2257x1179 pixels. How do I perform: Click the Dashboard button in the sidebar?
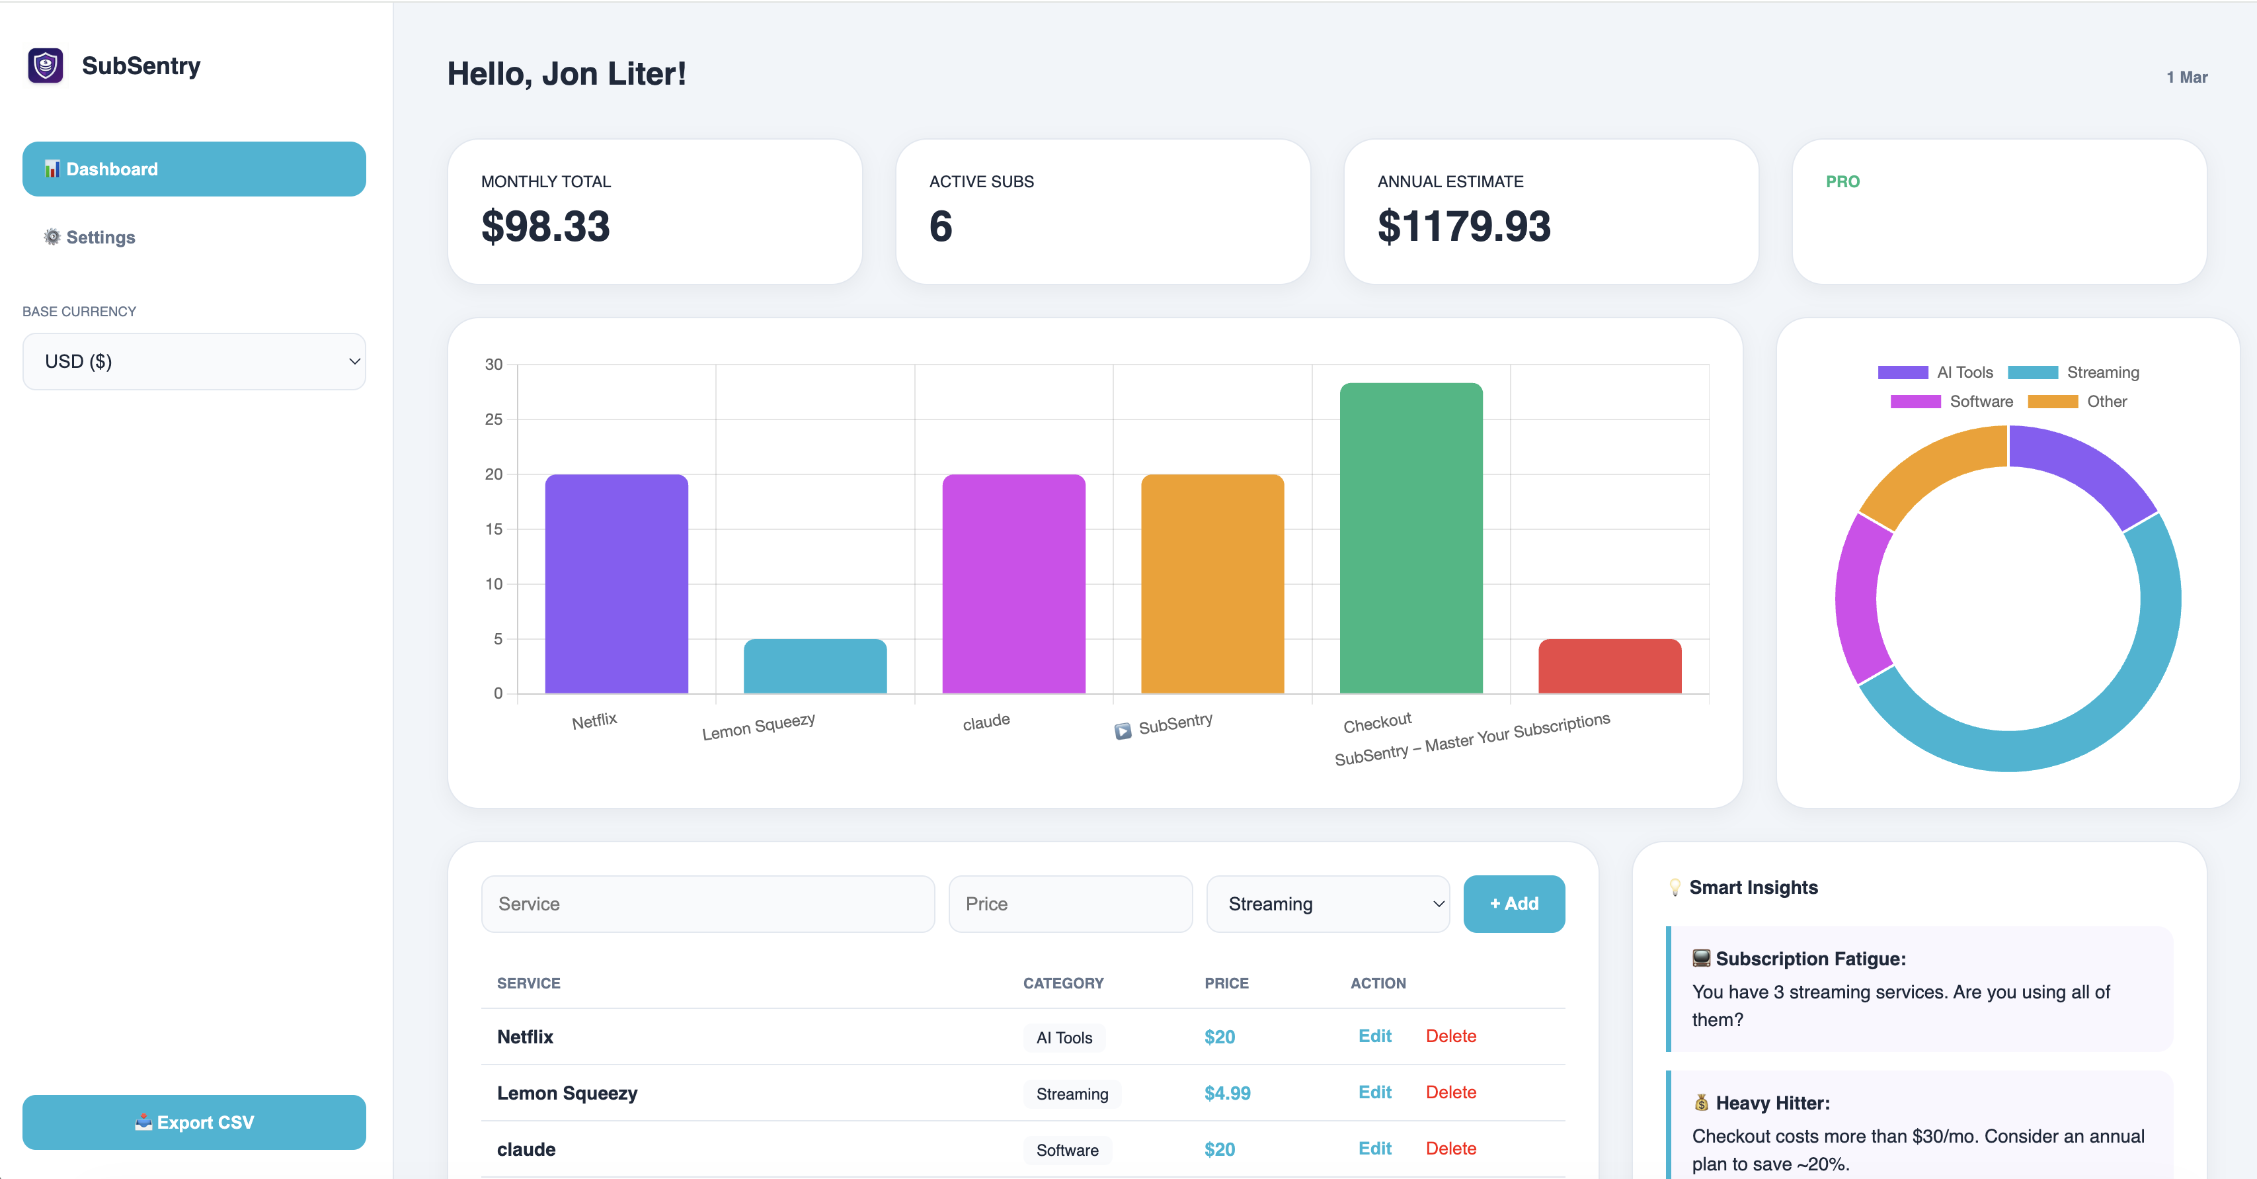(x=194, y=169)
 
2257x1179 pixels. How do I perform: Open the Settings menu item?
(x=100, y=238)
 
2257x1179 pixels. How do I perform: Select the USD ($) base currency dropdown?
(x=194, y=361)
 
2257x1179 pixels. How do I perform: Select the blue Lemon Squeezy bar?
(x=815, y=666)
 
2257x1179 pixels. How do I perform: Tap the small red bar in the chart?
(x=1610, y=666)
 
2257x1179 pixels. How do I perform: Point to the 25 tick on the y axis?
(x=493, y=419)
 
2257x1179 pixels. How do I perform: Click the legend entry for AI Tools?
(x=1936, y=372)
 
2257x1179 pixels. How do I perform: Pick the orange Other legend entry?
(x=2077, y=402)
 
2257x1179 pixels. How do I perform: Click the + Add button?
(x=1513, y=904)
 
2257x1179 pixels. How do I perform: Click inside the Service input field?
(x=707, y=904)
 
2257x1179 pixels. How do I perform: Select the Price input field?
(x=1070, y=904)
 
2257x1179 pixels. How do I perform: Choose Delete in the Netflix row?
(x=1450, y=1036)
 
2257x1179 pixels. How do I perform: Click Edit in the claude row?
(x=1374, y=1149)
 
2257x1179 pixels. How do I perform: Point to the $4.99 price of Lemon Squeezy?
(x=1226, y=1093)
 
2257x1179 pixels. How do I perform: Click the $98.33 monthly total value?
(x=545, y=226)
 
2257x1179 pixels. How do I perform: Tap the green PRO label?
(x=1842, y=181)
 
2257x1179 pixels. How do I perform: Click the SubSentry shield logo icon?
(x=46, y=65)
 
